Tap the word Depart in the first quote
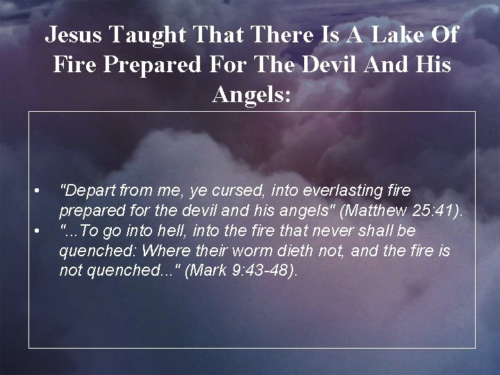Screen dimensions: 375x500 pos(87,190)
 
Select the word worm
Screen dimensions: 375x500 pos(256,250)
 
